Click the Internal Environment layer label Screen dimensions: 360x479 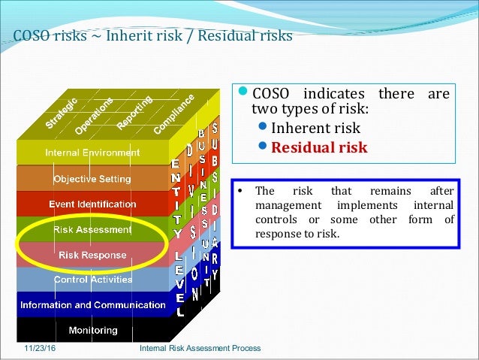point(92,153)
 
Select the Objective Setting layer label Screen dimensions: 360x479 point(92,179)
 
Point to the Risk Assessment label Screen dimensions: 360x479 point(92,229)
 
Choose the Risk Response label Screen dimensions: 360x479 point(92,255)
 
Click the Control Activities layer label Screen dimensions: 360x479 point(92,280)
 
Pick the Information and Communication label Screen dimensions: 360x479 point(92,305)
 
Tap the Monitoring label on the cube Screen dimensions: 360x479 point(92,330)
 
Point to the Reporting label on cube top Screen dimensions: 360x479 point(135,110)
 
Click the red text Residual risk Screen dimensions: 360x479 point(319,147)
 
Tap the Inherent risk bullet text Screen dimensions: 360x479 point(315,128)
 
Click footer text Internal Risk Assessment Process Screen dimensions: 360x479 point(200,349)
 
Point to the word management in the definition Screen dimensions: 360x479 point(288,205)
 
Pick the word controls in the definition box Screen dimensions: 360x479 point(274,219)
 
